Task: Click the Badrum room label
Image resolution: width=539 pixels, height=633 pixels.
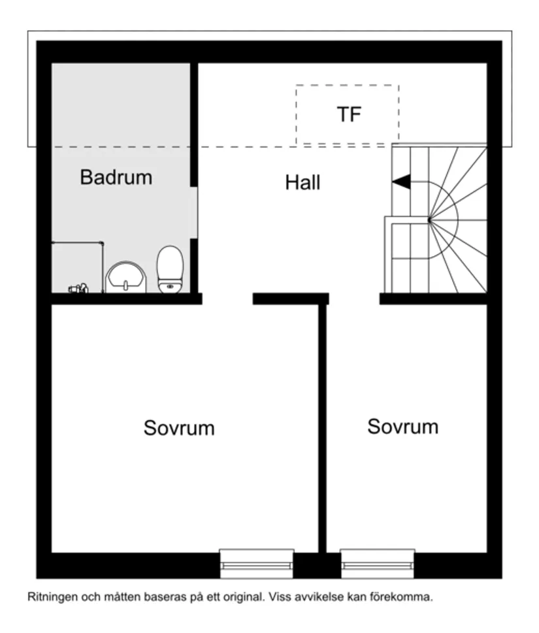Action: (116, 177)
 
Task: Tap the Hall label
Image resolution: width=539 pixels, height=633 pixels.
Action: (302, 183)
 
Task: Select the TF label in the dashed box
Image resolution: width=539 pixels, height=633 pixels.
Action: (349, 115)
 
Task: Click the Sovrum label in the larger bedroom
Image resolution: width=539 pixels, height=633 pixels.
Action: (179, 429)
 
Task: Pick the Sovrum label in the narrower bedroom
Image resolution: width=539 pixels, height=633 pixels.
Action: (402, 427)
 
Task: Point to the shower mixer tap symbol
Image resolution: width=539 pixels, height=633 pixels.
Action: (79, 287)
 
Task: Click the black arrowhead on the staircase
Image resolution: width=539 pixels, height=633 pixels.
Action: (401, 183)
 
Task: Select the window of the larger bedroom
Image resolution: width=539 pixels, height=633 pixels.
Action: (256, 563)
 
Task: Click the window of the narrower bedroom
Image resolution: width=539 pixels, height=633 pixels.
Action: (378, 563)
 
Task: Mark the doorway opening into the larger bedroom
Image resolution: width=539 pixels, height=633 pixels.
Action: (227, 299)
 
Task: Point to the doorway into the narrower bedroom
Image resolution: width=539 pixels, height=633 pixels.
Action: (353, 299)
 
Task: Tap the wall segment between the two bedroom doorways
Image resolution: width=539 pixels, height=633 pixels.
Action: (290, 299)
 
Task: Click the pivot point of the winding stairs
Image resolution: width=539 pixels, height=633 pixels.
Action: (429, 219)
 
